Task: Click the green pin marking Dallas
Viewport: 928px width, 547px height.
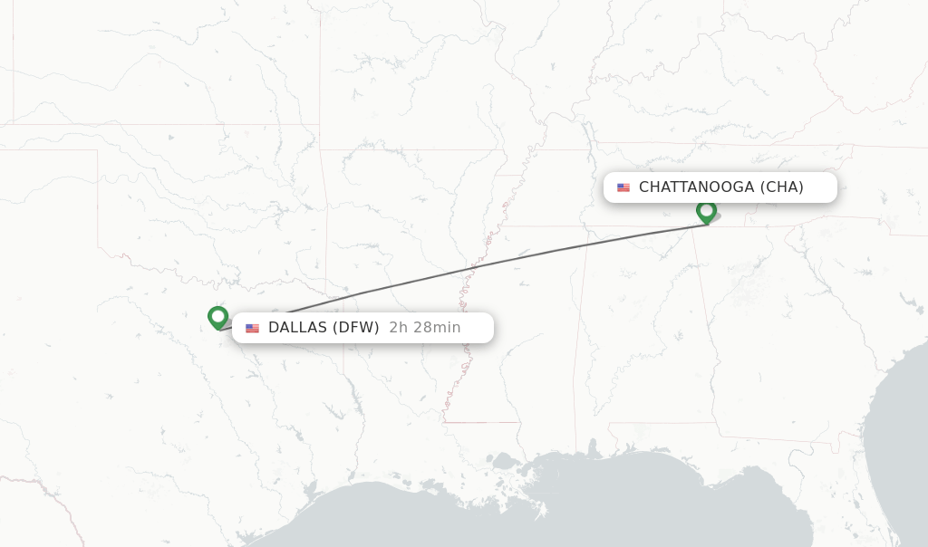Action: tap(217, 317)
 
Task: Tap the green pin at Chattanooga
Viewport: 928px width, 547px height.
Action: tap(706, 211)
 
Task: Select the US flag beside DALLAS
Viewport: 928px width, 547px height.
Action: tap(252, 328)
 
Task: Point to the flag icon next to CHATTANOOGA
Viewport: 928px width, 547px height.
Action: tap(623, 187)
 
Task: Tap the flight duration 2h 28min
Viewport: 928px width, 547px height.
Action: tap(425, 328)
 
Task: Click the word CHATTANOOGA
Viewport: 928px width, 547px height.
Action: tap(696, 187)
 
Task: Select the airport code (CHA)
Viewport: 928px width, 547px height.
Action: tap(781, 187)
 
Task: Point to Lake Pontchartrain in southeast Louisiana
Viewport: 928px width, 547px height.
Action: tap(505, 463)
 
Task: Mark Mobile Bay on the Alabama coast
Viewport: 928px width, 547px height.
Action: tap(593, 450)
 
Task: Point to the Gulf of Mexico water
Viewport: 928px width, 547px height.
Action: tap(634, 507)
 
